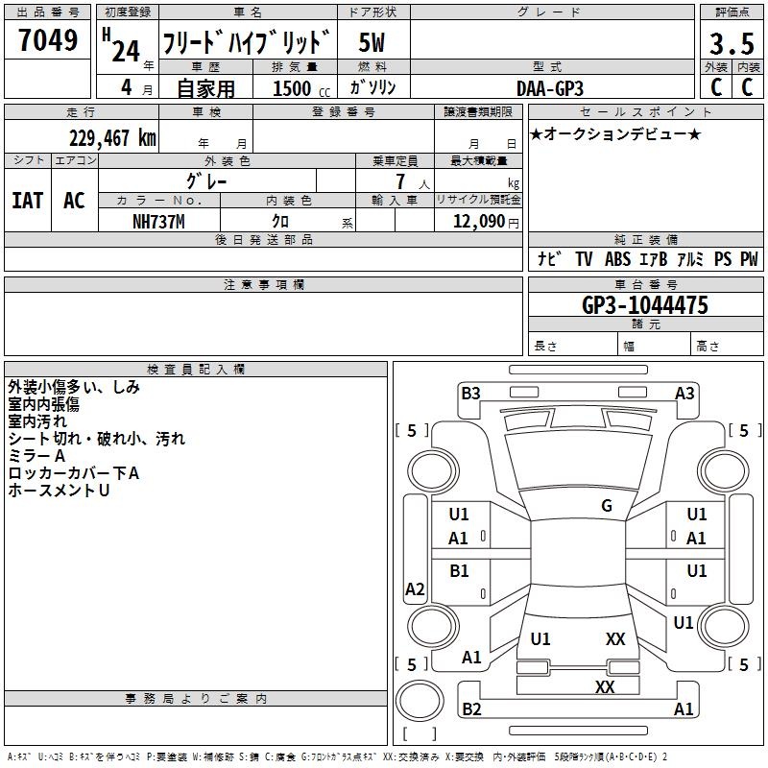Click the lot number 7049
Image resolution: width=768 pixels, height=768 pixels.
[x=48, y=39]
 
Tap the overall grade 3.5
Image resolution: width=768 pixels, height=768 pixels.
[x=732, y=43]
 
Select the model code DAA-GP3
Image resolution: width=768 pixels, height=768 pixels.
[x=550, y=88]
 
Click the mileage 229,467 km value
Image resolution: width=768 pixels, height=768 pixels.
[x=112, y=138]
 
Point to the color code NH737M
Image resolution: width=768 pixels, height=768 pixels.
[x=158, y=222]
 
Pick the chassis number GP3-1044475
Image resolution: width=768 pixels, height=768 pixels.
[x=645, y=304]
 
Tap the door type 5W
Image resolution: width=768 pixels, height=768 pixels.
[x=372, y=42]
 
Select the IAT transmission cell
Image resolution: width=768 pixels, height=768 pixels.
[x=28, y=201]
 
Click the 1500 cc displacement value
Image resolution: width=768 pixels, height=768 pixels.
[x=301, y=88]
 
